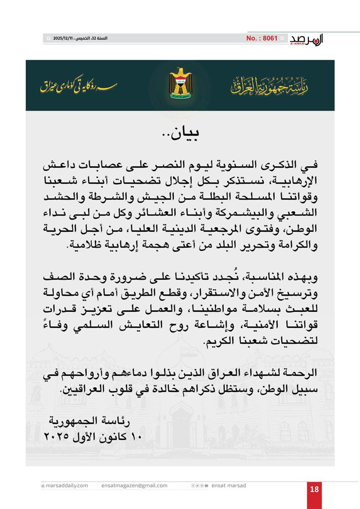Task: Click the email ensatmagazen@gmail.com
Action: click(x=135, y=486)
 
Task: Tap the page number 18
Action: click(x=315, y=490)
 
